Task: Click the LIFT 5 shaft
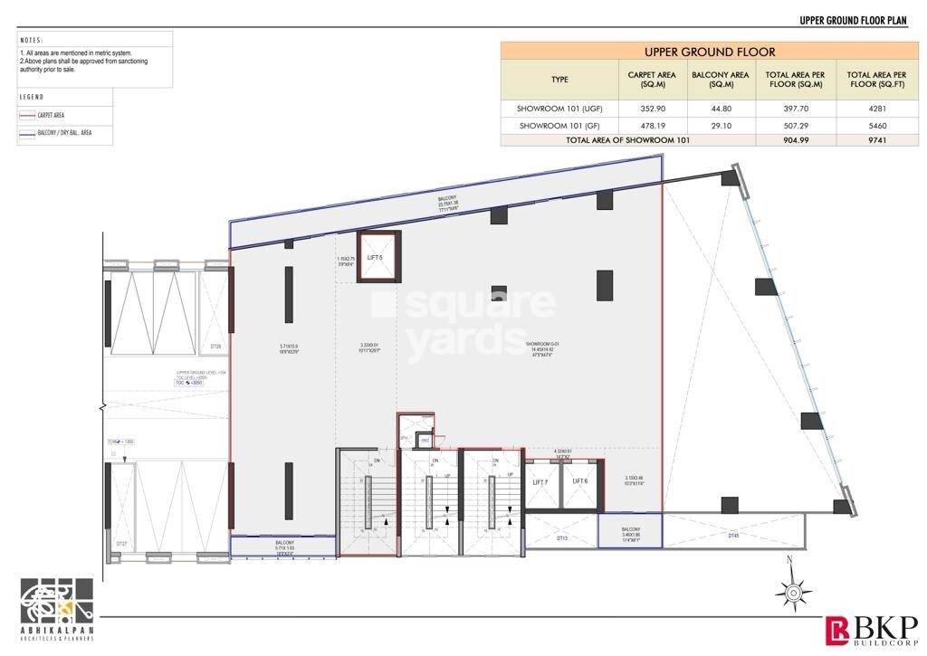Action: click(376, 257)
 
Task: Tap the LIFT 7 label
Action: click(540, 482)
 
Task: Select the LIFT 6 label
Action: click(579, 481)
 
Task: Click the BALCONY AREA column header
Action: click(721, 80)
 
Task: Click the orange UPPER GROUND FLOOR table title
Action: click(710, 52)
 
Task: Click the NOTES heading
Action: click(32, 40)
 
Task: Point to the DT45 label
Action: click(733, 536)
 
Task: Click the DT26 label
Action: click(215, 347)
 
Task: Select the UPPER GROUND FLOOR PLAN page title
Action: click(859, 19)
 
